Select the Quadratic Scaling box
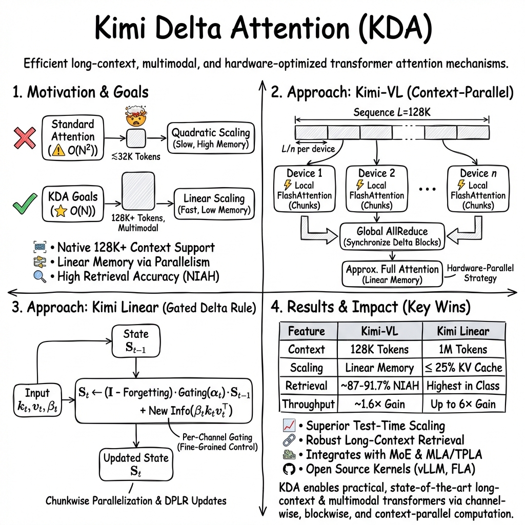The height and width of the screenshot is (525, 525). (x=211, y=138)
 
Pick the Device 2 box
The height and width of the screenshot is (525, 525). (x=376, y=188)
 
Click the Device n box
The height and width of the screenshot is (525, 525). (x=478, y=188)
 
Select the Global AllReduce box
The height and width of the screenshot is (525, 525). (x=393, y=236)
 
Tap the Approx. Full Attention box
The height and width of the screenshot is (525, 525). (x=393, y=274)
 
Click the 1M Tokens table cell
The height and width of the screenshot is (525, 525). (x=463, y=350)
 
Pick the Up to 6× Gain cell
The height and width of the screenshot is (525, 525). (x=463, y=404)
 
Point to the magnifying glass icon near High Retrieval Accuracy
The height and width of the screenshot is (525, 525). (x=38, y=277)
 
